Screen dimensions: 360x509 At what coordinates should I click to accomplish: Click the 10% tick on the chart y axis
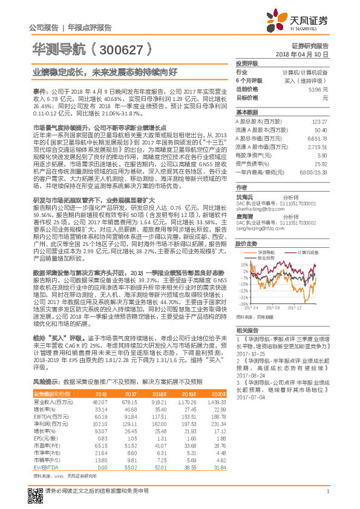(243, 265)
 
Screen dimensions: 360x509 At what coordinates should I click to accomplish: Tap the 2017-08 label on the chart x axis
(260, 308)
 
